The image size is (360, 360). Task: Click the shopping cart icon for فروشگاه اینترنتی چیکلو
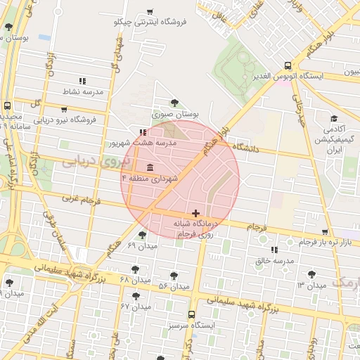click(150, 12)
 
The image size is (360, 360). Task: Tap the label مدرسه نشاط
click(84, 92)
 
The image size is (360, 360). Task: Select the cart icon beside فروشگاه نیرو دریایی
click(65, 110)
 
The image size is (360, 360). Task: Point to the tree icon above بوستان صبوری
click(174, 103)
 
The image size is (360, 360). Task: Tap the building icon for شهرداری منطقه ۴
click(150, 167)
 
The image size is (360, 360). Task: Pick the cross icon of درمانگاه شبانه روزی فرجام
click(195, 213)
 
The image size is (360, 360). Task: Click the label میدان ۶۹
click(141, 245)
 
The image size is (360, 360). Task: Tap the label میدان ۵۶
click(174, 287)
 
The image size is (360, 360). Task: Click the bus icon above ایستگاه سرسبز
click(191, 316)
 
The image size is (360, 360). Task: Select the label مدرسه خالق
click(274, 261)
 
